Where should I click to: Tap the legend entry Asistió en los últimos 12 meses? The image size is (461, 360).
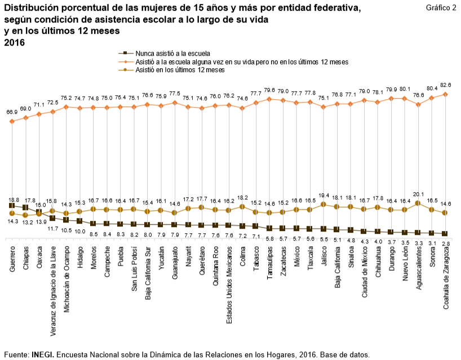(x=180, y=70)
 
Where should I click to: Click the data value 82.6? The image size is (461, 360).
(x=445, y=85)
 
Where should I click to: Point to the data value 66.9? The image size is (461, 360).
(x=12, y=112)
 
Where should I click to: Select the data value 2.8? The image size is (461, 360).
(x=445, y=243)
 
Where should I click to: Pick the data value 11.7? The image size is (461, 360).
(x=52, y=229)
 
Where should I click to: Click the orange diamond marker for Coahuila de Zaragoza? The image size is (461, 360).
(x=445, y=94)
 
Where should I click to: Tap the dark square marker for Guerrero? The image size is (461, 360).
(x=12, y=206)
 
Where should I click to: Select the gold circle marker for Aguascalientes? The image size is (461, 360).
(x=418, y=203)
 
